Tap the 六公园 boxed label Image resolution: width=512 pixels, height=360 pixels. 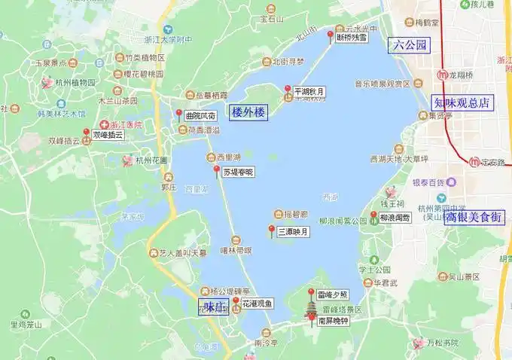coord(410,45)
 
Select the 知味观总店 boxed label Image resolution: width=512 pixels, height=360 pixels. coord(462,103)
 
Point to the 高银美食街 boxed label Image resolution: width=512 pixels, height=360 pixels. coord(473,217)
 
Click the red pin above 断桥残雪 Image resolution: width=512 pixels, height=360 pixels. coord(330,36)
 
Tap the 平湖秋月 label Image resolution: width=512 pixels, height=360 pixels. coord(309,92)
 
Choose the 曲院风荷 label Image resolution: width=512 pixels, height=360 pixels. coord(200,116)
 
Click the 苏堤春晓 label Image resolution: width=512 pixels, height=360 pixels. coord(238,172)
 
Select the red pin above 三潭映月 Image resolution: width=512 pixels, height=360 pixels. coord(272,229)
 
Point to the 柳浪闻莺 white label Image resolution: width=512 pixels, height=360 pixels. coord(395,217)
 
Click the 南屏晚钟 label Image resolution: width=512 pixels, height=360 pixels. coord(333,320)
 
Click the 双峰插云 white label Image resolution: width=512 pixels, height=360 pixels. coord(107,136)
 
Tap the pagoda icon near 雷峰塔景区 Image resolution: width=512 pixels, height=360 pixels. coord(312,308)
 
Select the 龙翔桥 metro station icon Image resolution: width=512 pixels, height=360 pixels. coord(441,76)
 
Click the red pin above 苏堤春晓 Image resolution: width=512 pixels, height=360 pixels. coord(217,170)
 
